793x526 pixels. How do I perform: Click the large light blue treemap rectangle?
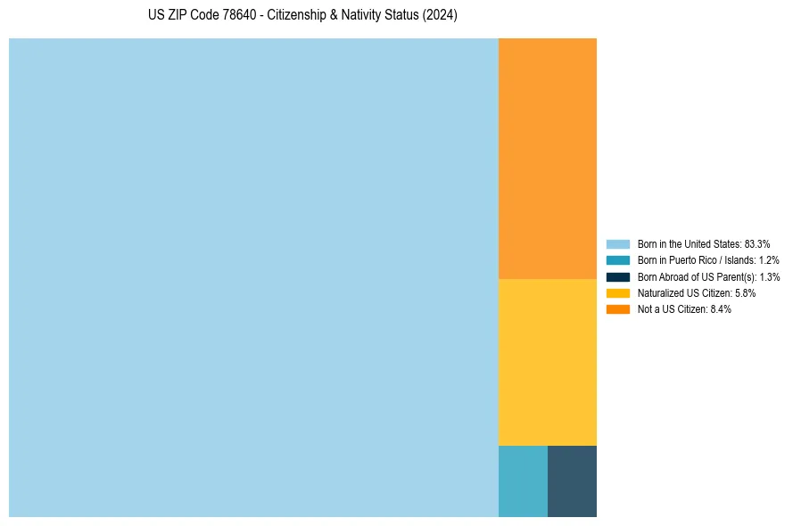tap(253, 277)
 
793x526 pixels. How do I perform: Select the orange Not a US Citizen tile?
tap(547, 159)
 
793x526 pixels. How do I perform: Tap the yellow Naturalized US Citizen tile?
tap(547, 362)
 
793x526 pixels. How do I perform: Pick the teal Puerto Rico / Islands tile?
tap(523, 481)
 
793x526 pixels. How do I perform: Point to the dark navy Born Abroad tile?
tap(572, 481)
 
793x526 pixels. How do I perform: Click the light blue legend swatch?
tap(618, 243)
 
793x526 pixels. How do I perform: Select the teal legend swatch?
tap(618, 260)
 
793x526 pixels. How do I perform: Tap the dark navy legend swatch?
tap(618, 276)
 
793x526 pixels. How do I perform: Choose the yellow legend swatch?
tap(618, 292)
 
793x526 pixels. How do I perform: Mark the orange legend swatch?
tap(618, 309)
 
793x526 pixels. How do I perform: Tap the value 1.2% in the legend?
tap(769, 260)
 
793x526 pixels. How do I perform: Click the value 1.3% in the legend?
tap(770, 277)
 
